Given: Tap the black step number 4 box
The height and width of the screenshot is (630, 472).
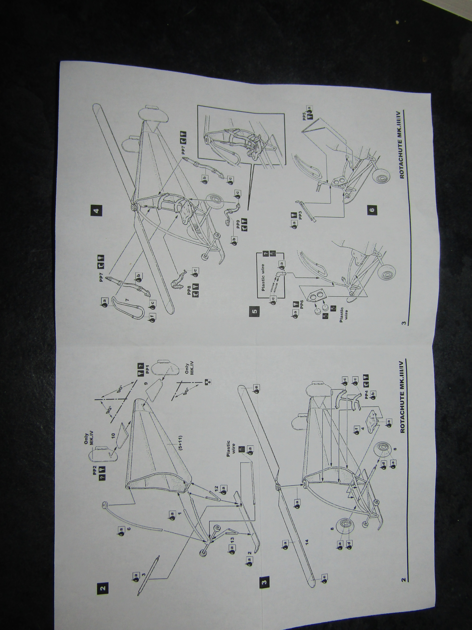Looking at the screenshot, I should point(97,211).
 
